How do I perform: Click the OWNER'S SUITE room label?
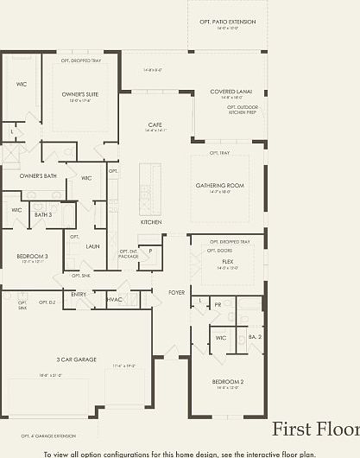point(79,93)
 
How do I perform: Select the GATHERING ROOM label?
point(226,184)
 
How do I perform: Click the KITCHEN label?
point(151,222)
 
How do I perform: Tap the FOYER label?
point(176,293)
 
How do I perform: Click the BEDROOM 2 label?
point(228,381)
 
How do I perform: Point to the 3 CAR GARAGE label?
point(77,359)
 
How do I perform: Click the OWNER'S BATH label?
point(37,175)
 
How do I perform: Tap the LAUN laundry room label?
point(92,246)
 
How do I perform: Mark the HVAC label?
point(114,300)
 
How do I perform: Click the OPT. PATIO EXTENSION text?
point(227,21)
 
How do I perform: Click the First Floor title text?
point(315,429)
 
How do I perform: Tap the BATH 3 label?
point(43,214)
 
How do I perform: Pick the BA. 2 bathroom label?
point(255,337)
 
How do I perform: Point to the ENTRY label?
point(79,294)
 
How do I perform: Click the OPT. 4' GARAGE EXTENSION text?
point(48,436)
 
